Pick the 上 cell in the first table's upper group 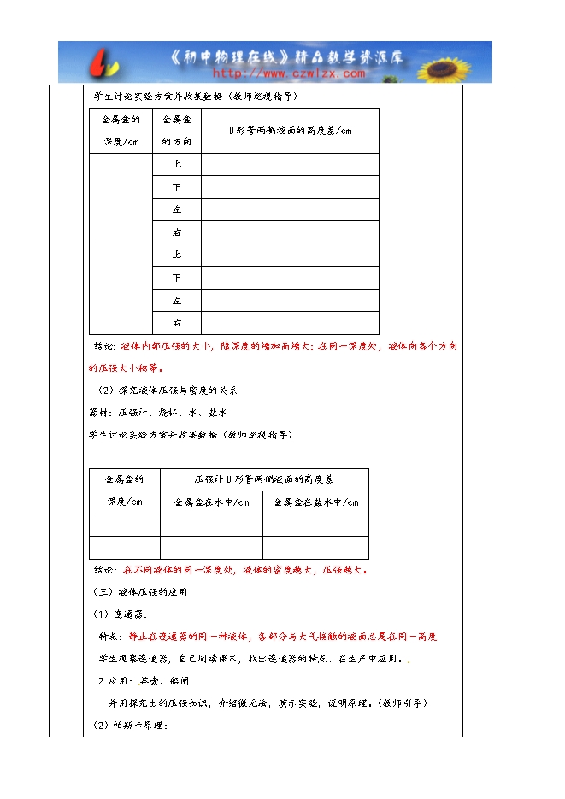pos(176,164)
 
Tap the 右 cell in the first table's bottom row pos(176,323)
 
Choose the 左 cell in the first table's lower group pos(176,301)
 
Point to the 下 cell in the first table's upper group pos(176,187)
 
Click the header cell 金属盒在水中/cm pos(211,502)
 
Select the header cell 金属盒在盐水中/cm pos(315,502)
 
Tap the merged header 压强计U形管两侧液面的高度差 pos(263,479)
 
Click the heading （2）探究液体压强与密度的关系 pos(166,391)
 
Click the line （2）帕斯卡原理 pos(130,726)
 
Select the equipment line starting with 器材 pos(146,413)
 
